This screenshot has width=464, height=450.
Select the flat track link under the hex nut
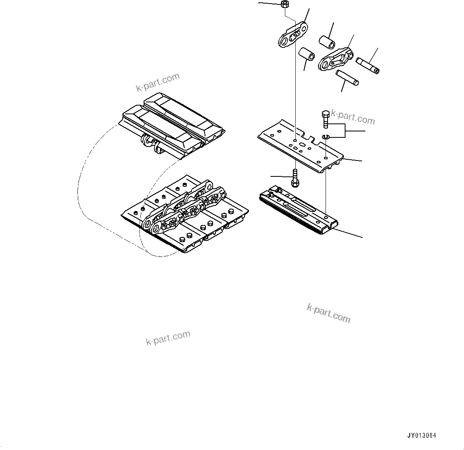coord(293,35)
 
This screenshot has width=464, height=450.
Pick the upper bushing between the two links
coord(326,42)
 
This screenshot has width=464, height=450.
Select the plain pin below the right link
coord(348,77)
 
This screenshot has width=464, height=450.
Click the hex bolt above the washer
coord(325,119)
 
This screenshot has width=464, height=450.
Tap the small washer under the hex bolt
coord(325,138)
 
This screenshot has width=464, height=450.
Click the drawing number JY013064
coord(422,436)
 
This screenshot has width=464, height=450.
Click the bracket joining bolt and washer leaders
coord(346,131)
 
